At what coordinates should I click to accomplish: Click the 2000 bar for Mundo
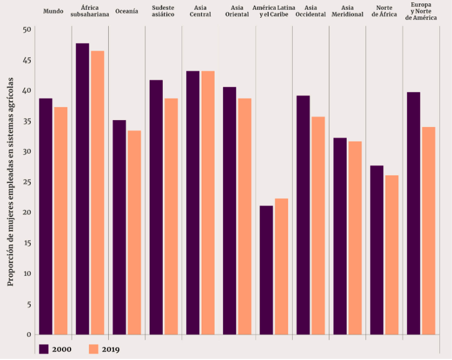pyautogui.click(x=46, y=216)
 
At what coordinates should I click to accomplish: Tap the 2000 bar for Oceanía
pyautogui.click(x=119, y=227)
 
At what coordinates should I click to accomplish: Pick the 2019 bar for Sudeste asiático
pyautogui.click(x=171, y=216)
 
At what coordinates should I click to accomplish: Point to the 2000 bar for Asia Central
pyautogui.click(x=192, y=203)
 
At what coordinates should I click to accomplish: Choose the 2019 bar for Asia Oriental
pyautogui.click(x=244, y=216)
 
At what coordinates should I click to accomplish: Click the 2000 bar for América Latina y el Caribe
pyautogui.click(x=266, y=270)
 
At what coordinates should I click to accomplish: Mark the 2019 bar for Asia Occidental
pyautogui.click(x=318, y=226)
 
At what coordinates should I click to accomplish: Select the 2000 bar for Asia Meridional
pyautogui.click(x=340, y=236)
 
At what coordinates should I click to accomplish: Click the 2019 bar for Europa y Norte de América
pyautogui.click(x=428, y=231)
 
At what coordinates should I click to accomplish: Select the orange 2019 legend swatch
pyautogui.click(x=94, y=349)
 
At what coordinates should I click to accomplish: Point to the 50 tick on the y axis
pyautogui.click(x=27, y=29)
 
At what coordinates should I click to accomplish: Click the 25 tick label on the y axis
pyautogui.click(x=27, y=182)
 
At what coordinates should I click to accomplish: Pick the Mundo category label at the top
pyautogui.click(x=53, y=11)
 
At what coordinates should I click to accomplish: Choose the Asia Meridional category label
pyautogui.click(x=347, y=11)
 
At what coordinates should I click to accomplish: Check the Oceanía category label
pyautogui.click(x=126, y=11)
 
